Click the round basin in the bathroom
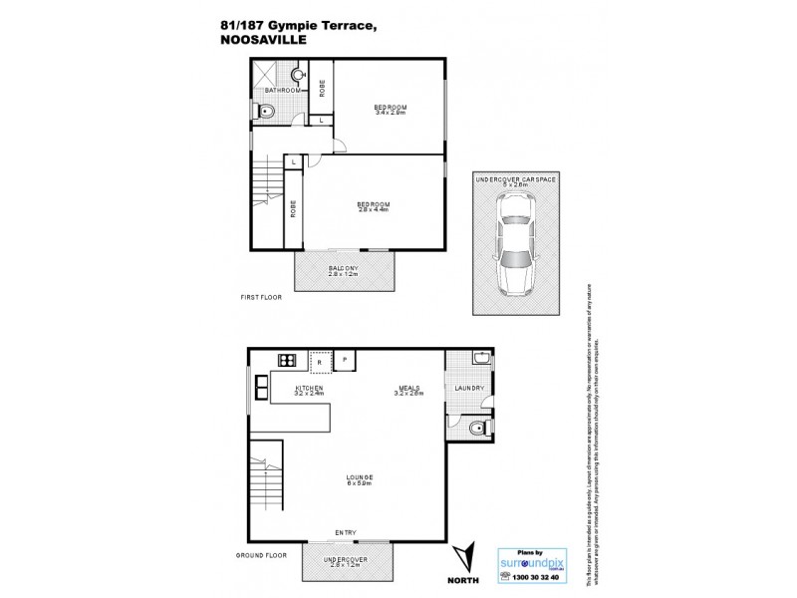point(297,75)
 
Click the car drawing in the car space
point(517,245)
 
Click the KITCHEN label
point(310,390)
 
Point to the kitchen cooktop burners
point(286,361)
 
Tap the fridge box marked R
point(321,361)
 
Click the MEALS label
point(408,390)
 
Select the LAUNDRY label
point(468,389)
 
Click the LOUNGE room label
point(360,481)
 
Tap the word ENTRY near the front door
point(346,533)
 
